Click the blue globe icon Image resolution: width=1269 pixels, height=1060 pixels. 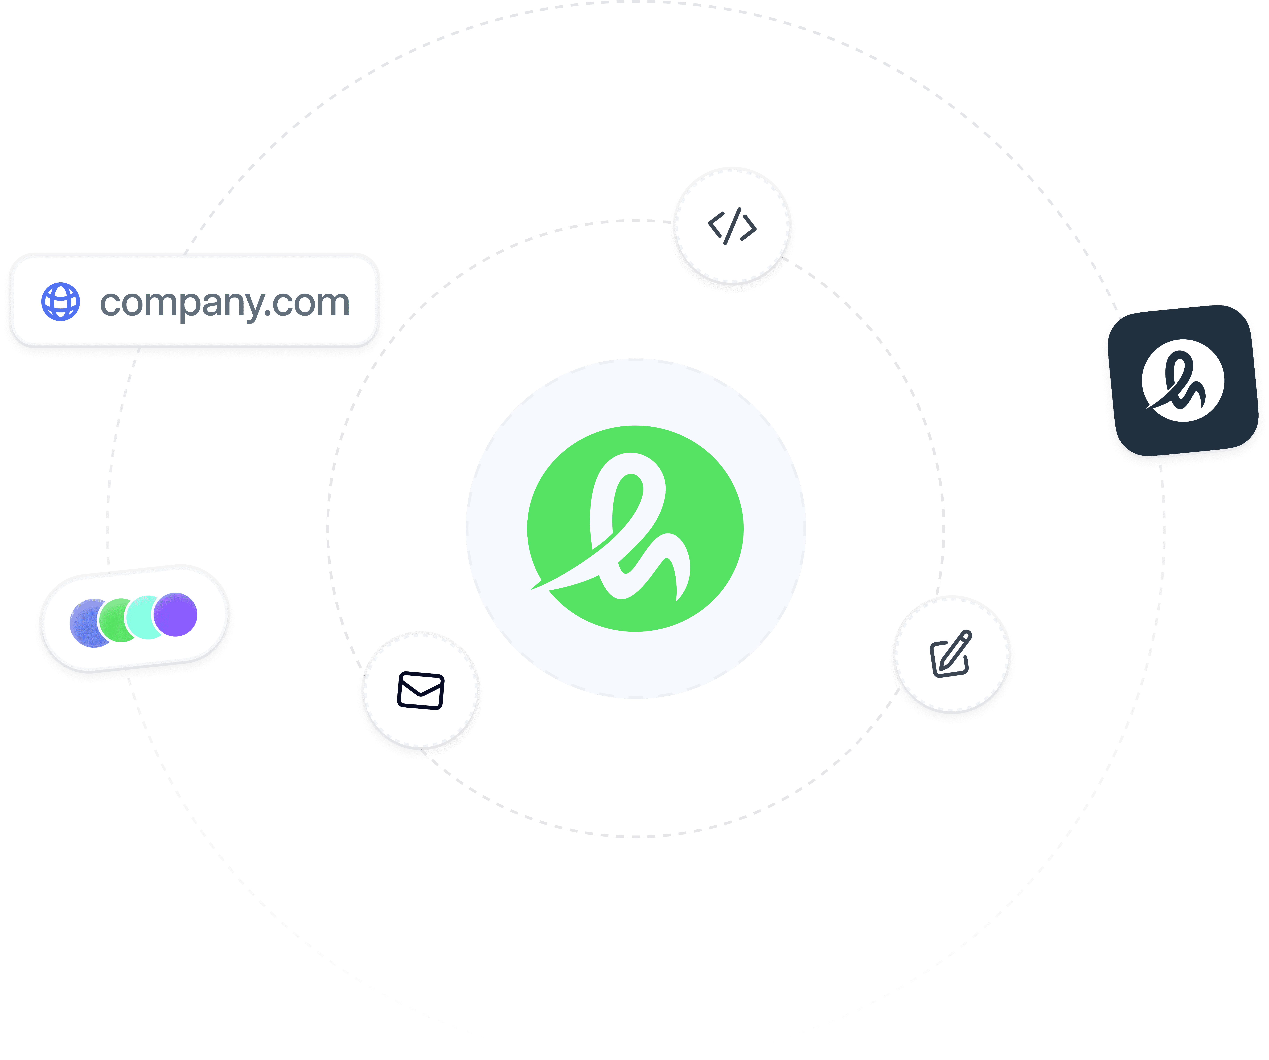click(x=60, y=301)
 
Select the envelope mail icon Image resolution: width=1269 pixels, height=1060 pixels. click(x=421, y=690)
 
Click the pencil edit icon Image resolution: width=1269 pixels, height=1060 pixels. click(x=951, y=654)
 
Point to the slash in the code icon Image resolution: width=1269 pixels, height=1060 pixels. click(x=732, y=226)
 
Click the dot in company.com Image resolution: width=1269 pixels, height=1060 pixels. click(x=268, y=314)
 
